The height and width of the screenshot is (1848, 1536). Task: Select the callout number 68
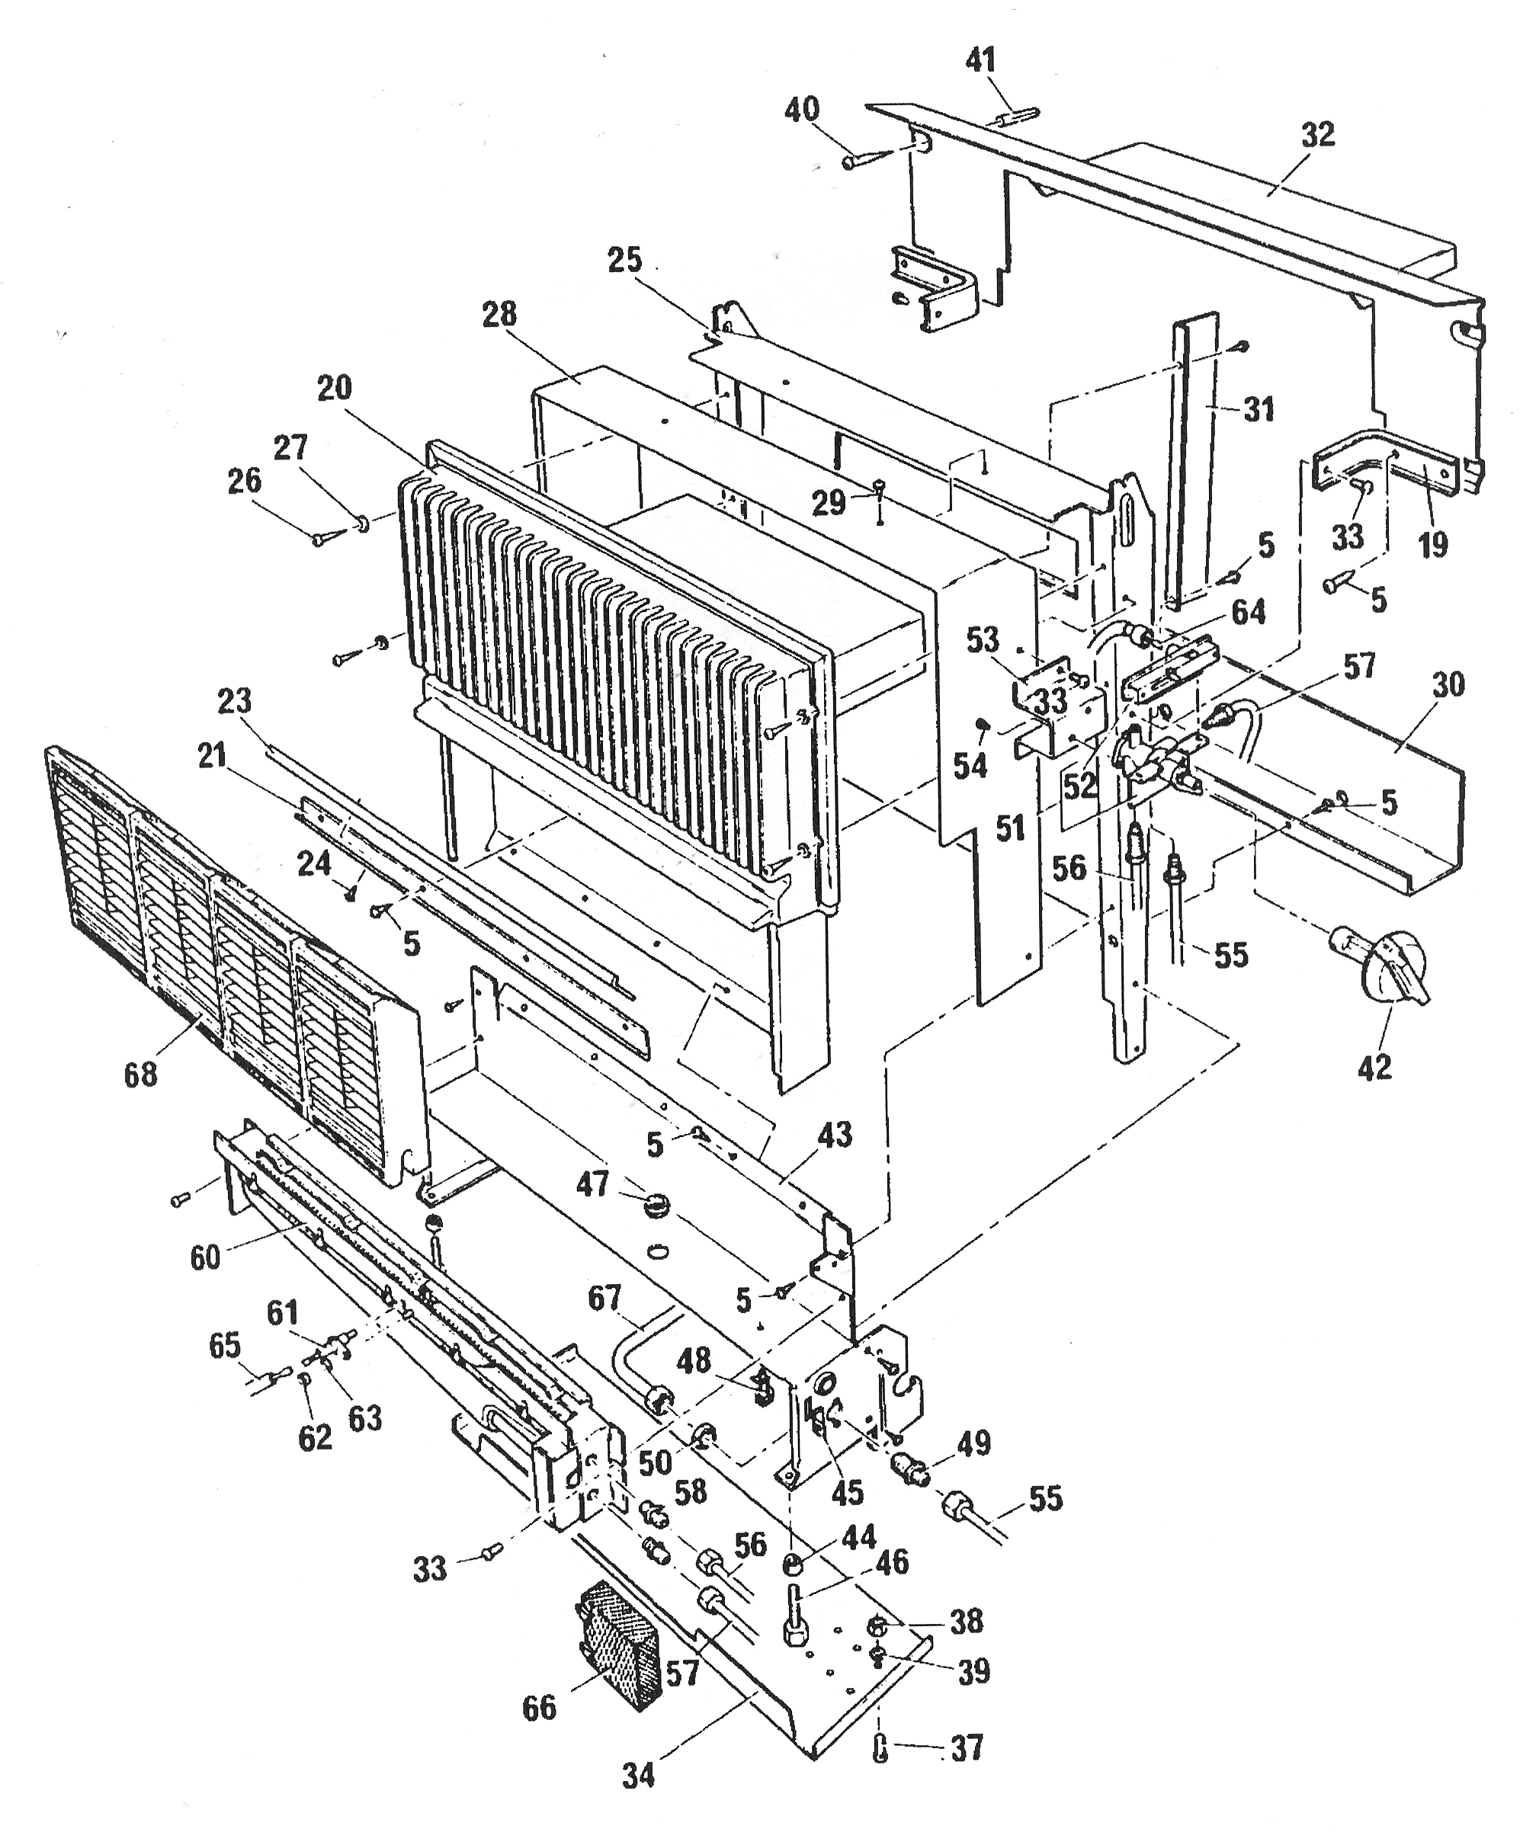(141, 1075)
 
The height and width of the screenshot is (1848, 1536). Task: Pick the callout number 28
(499, 314)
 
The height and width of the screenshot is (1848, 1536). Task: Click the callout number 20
(334, 387)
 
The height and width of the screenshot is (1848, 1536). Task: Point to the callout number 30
(1448, 684)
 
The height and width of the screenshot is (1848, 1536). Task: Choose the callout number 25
(625, 261)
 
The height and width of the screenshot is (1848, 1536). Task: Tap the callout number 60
(205, 1257)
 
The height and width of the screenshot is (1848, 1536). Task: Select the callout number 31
(1259, 409)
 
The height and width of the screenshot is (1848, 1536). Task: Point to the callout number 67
(604, 1297)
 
